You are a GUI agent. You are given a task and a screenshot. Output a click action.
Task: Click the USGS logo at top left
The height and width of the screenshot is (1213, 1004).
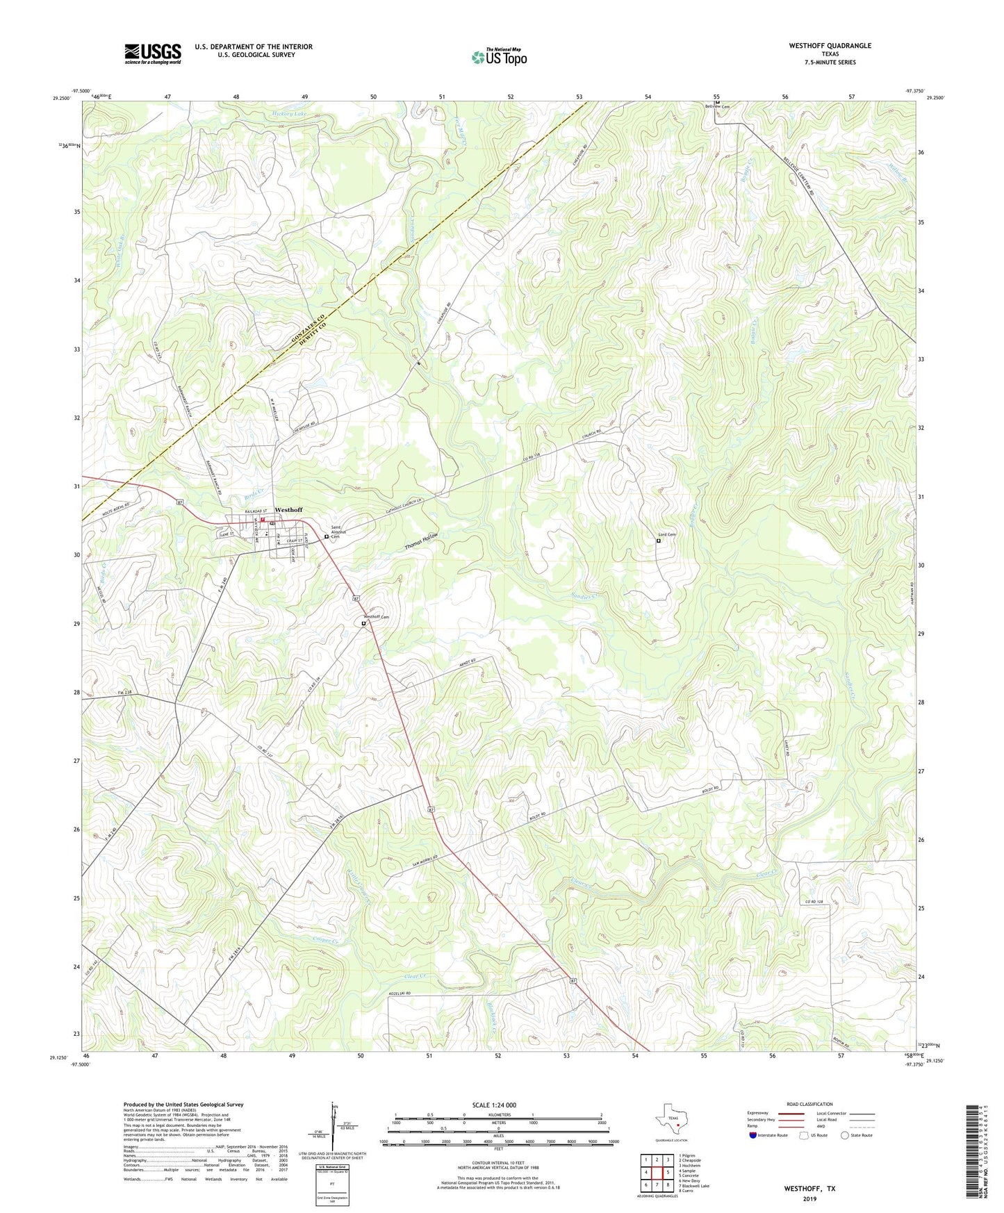[x=153, y=53]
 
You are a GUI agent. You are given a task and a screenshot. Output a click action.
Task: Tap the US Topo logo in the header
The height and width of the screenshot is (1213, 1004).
[x=498, y=57]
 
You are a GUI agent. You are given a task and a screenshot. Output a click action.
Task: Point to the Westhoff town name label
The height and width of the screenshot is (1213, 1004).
[x=288, y=510]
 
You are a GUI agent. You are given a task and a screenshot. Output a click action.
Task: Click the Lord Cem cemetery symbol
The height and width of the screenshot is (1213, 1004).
[x=659, y=541]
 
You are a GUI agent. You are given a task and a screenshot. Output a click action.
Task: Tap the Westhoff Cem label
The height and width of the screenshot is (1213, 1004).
[x=377, y=617]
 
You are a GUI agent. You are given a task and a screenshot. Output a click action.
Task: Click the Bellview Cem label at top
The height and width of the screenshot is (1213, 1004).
[x=718, y=106]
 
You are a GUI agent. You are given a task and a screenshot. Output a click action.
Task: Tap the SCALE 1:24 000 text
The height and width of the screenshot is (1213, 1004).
[x=493, y=1105]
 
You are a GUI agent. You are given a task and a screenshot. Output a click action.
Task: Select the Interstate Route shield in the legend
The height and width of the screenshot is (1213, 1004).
[x=754, y=1135]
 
